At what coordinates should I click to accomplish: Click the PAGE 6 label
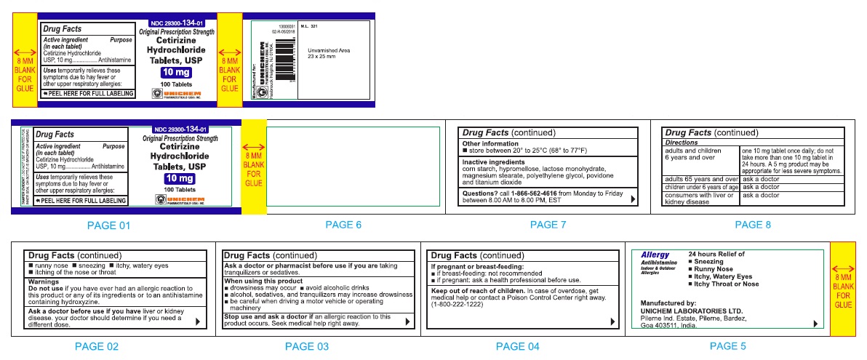343,225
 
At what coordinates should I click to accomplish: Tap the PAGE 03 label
306,347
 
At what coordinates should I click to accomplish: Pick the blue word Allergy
655,255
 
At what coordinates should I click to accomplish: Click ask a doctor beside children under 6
760,187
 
